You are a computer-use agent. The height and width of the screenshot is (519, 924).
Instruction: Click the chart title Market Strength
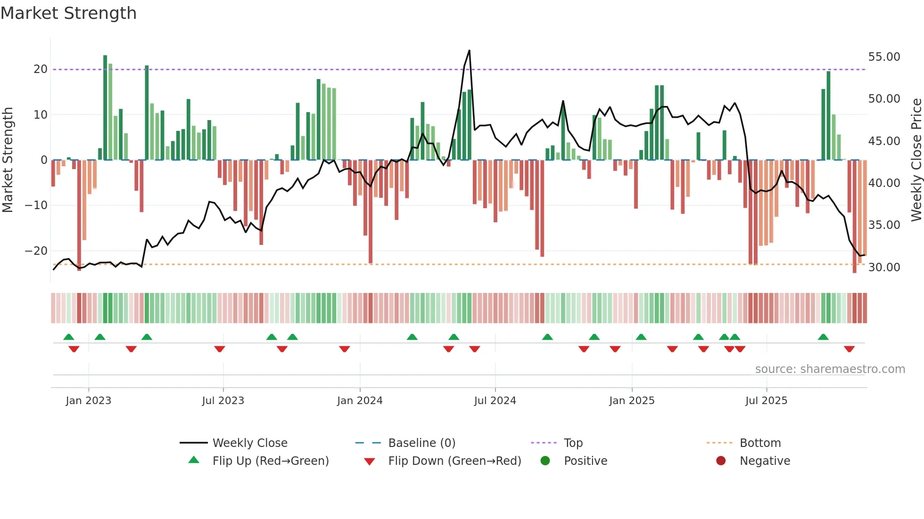[x=68, y=13]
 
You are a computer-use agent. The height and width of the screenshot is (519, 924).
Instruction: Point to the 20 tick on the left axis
[x=41, y=69]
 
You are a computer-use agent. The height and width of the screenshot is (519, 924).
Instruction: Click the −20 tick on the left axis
[x=36, y=251]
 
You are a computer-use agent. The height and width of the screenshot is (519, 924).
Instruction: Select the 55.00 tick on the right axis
[x=884, y=57]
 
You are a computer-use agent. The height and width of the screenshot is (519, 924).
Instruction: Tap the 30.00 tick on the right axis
[x=884, y=268]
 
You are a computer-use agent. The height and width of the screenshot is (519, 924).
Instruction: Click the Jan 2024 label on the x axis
[x=360, y=401]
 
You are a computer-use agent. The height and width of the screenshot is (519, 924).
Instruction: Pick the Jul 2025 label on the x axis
[x=766, y=401]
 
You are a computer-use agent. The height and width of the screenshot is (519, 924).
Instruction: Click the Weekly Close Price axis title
[x=916, y=160]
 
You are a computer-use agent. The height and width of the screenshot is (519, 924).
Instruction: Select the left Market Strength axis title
[x=8, y=160]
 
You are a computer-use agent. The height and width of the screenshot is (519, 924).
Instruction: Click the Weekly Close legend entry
[x=249, y=443]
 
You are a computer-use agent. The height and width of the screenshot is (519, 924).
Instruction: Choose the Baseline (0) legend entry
[x=421, y=443]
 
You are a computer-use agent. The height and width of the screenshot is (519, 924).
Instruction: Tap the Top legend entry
[x=573, y=443]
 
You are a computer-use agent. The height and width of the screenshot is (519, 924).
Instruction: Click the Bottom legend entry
[x=760, y=443]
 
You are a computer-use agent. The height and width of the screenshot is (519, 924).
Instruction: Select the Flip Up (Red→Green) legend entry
[x=270, y=461]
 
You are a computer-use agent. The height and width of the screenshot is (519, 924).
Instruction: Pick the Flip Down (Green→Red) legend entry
[x=454, y=461]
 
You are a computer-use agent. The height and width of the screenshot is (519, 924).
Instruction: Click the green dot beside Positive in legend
[x=545, y=461]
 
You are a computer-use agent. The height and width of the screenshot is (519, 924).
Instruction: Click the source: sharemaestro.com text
[x=830, y=369]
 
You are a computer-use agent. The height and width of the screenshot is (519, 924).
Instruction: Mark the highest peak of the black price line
[x=469, y=51]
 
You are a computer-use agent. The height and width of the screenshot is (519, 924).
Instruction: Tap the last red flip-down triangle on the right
[x=849, y=349]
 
